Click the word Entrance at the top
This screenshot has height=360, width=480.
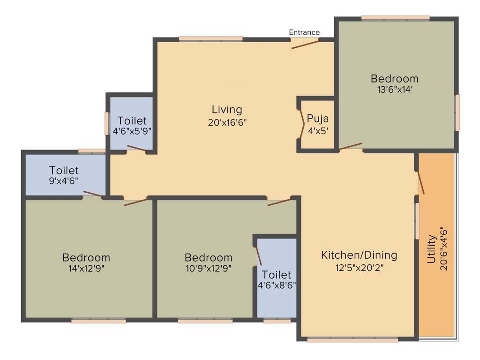tap(304, 32)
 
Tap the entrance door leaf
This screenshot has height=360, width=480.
tap(305, 44)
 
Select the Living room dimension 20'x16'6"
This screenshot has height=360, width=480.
tap(227, 122)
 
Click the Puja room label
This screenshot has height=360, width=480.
tap(318, 118)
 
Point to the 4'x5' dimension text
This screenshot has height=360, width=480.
tap(318, 131)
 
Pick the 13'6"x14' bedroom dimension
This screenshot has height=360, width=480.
tap(395, 90)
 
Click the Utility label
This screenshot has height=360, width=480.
tap(431, 252)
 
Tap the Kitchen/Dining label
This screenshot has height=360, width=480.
tap(359, 255)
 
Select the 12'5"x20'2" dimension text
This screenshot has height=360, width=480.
tap(359, 268)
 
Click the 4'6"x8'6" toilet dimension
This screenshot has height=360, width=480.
tap(277, 285)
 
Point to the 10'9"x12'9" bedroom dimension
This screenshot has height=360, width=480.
tap(208, 269)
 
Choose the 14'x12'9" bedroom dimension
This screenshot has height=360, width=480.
tap(86, 269)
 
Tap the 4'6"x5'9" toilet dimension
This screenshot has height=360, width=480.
tap(132, 131)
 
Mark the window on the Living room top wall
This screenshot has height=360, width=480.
tap(211, 39)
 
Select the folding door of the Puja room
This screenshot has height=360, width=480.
tap(302, 124)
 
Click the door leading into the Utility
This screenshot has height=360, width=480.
tap(421, 183)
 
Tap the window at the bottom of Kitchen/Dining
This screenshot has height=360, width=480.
tap(352, 340)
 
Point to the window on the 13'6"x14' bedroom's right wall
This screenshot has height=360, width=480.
tap(457, 112)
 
